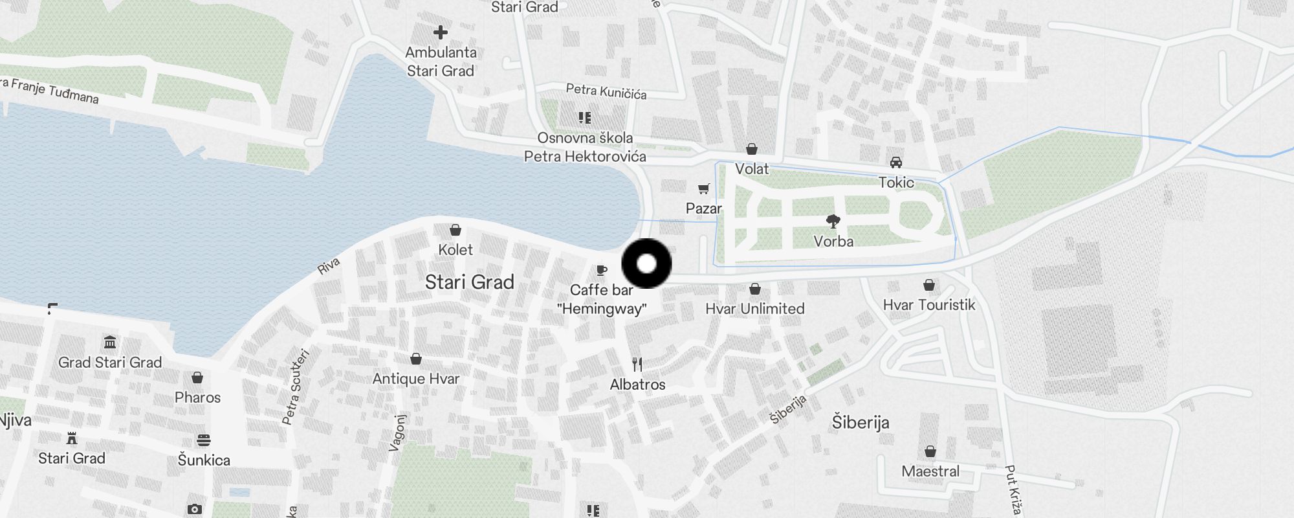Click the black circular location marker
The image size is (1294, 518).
click(x=646, y=264)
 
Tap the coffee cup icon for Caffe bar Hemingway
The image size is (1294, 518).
click(x=602, y=270)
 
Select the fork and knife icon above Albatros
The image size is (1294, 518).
click(x=637, y=365)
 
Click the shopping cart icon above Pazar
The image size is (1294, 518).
click(x=704, y=189)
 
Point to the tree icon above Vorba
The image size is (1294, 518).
click(x=833, y=221)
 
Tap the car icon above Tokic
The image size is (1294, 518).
click(x=896, y=163)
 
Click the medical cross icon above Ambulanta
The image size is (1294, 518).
click(x=441, y=32)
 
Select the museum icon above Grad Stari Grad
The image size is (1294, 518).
click(x=110, y=342)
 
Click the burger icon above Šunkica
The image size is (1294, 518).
click(x=204, y=441)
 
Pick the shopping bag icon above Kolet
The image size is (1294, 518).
click(x=455, y=230)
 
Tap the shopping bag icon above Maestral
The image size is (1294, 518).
click(x=930, y=451)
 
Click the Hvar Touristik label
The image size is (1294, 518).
click(x=928, y=305)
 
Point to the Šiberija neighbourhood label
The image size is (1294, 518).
click(x=860, y=423)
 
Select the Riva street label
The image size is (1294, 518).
click(x=329, y=265)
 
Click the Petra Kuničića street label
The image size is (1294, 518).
click(x=606, y=91)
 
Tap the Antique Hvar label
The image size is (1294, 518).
click(x=416, y=379)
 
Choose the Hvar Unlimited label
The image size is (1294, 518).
click(x=754, y=309)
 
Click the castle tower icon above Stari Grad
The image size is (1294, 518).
click(x=72, y=438)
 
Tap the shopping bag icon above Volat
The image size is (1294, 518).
click(x=752, y=150)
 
